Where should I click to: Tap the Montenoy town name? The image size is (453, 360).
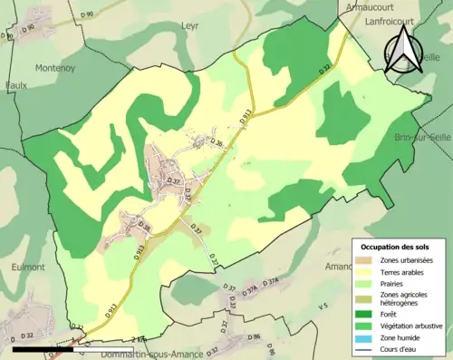(x=55, y=68)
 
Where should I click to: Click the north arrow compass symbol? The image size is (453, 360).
(x=406, y=53)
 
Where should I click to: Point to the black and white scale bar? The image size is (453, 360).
(x=45, y=347)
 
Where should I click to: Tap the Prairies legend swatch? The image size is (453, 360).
(x=362, y=284)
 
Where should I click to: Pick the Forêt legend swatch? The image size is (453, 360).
(x=362, y=313)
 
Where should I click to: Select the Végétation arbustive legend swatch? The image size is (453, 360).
(x=362, y=325)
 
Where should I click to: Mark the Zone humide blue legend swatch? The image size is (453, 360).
(x=362, y=336)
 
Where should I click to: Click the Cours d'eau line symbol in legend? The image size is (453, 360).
(x=362, y=348)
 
